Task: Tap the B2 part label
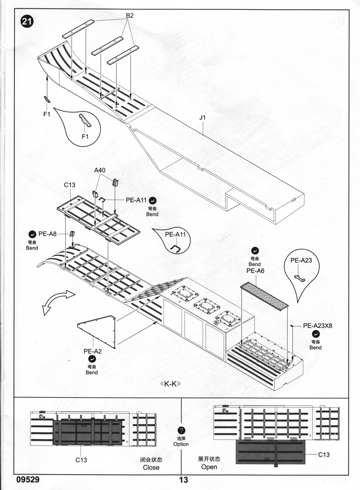tap(130, 15)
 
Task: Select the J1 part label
tap(202, 117)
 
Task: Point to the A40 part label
tap(100, 170)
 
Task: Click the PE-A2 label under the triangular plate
tap(93, 351)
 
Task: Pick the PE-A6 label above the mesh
tap(255, 271)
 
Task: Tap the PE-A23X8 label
tap(317, 326)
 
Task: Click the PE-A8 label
tap(48, 234)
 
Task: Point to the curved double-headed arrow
tap(58, 301)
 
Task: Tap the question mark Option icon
tap(181, 431)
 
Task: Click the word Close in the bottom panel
tap(151, 467)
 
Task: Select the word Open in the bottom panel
tap(209, 467)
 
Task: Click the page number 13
tap(183, 480)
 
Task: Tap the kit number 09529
tap(28, 480)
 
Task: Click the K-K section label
tap(170, 384)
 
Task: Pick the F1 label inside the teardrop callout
tap(85, 136)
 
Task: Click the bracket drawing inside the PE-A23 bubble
tap(300, 278)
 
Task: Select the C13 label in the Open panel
tap(324, 454)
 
